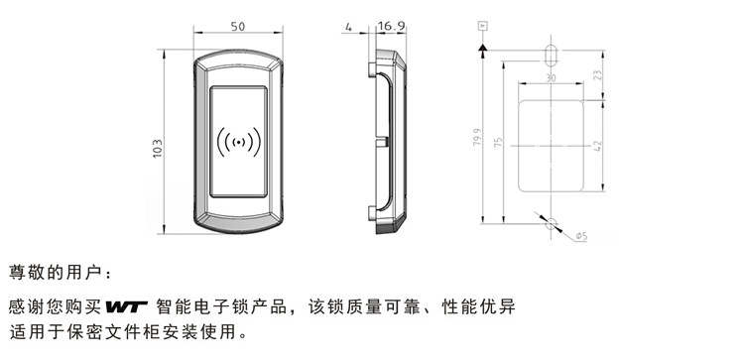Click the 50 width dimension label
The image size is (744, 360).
(238, 27)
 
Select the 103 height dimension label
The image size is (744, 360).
(158, 149)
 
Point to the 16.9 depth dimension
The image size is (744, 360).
(392, 26)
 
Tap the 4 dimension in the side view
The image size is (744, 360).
(349, 27)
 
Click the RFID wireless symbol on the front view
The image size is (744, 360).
(239, 142)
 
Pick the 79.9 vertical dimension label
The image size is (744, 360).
(477, 137)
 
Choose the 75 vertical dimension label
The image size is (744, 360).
(498, 142)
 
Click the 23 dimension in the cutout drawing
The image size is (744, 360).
(598, 75)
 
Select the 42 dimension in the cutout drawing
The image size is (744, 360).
(598, 146)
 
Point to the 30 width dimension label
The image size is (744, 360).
(551, 78)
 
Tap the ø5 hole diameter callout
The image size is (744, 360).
(581, 236)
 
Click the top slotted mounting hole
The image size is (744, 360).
(551, 56)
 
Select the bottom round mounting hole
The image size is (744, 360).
(551, 223)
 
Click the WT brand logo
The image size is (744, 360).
(126, 307)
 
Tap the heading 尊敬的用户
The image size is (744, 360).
(55, 273)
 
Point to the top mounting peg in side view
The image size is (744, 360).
(372, 69)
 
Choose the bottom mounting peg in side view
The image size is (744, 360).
(372, 214)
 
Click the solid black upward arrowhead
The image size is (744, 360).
(482, 48)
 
